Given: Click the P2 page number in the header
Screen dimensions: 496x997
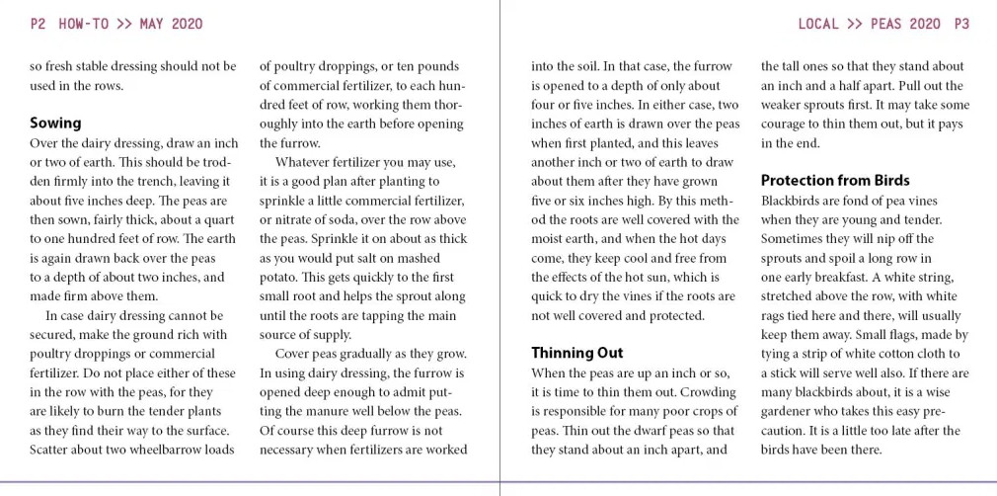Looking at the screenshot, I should click(38, 24).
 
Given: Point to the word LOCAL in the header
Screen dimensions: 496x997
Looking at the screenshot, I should click(820, 24).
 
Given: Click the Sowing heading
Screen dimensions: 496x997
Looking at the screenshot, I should click(55, 124).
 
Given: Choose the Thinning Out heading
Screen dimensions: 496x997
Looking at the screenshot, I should click(577, 353).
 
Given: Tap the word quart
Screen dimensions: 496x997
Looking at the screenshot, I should click(220, 219).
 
